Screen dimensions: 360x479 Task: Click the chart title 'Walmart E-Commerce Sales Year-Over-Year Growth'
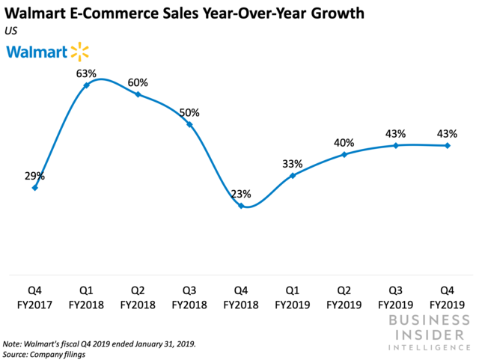click(x=184, y=13)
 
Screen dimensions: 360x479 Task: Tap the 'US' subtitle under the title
click(x=12, y=30)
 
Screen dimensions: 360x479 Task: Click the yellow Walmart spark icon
click(x=79, y=52)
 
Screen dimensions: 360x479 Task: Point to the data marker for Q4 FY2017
click(x=35, y=187)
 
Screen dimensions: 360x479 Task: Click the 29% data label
click(x=34, y=177)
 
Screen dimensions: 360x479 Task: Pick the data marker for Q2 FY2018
click(x=138, y=94)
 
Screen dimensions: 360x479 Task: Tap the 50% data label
click(x=189, y=113)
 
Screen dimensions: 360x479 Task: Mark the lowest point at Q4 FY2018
click(x=241, y=206)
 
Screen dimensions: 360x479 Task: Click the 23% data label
click(x=241, y=192)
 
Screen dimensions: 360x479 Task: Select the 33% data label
click(x=293, y=164)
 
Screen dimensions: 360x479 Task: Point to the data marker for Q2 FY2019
click(x=344, y=154)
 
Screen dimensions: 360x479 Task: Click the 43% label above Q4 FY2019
click(x=447, y=134)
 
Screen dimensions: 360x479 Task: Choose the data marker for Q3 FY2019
click(x=395, y=145)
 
